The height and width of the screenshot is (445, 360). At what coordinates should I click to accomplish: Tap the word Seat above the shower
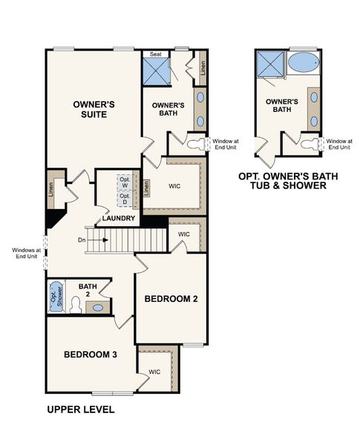pos(156,54)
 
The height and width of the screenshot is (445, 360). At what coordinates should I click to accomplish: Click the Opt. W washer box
pos(125,182)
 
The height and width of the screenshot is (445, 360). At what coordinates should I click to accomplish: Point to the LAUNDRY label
pos(119,219)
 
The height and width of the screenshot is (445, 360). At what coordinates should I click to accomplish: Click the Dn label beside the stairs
pos(82,240)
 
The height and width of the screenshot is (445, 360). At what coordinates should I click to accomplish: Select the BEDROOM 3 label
pos(91,355)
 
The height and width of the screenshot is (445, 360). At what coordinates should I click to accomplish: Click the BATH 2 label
pos(88,289)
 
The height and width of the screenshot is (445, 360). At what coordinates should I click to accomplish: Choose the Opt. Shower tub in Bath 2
pos(55,300)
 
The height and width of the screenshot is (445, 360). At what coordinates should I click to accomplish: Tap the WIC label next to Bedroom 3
pos(154,372)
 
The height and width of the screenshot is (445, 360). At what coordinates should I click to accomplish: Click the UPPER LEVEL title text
pos(80,409)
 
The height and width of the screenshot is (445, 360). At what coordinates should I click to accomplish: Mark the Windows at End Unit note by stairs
pos(24,254)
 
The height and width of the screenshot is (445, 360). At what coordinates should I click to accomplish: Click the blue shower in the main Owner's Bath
pos(157,73)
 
